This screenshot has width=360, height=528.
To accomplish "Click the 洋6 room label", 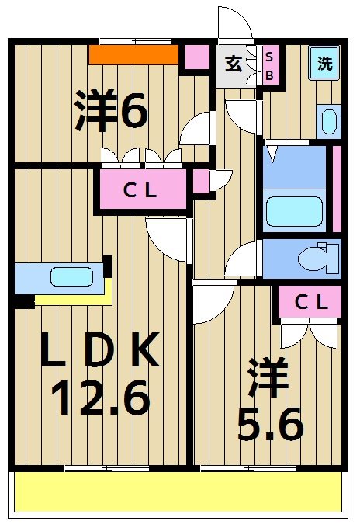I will [x=111, y=111].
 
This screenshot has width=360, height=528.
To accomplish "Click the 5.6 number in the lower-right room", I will [x=270, y=422].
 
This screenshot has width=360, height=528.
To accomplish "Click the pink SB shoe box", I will [x=269, y=64].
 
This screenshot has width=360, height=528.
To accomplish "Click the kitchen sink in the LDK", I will [x=72, y=276].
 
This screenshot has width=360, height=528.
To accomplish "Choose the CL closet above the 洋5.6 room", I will [x=310, y=304].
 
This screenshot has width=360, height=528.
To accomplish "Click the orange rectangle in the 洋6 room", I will [x=134, y=55].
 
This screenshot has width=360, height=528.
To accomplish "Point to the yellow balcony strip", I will [x=178, y=492].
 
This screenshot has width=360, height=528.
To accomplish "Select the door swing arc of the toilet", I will [x=247, y=256].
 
